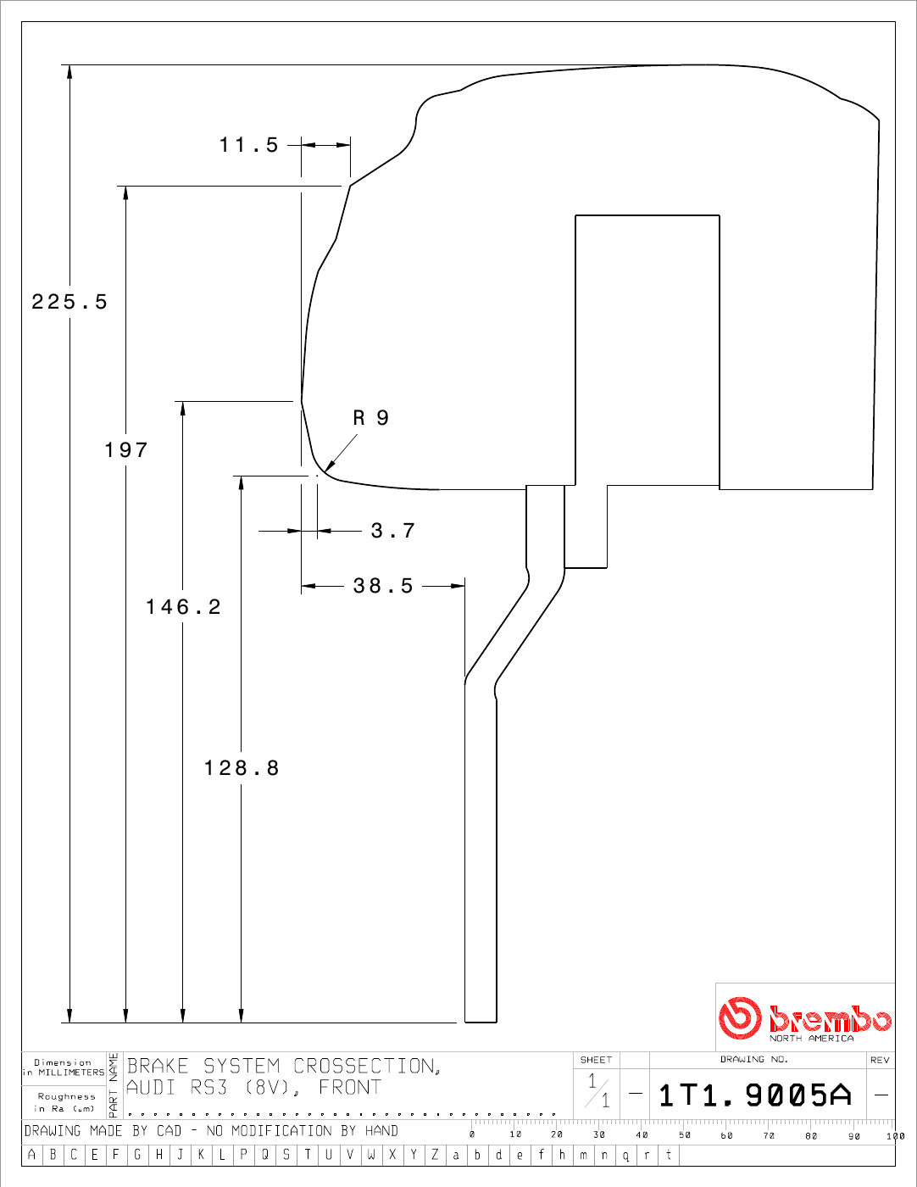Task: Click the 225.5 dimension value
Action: click(69, 302)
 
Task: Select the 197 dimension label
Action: click(126, 450)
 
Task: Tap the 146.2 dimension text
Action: click(183, 607)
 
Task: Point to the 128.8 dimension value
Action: click(242, 768)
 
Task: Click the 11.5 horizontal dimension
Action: click(249, 145)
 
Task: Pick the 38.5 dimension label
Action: click(383, 586)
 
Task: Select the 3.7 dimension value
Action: click(393, 531)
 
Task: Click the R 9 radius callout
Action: click(371, 418)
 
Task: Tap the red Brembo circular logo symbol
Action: click(740, 1017)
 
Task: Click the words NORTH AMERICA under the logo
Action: click(811, 1039)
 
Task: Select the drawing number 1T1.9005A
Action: click(755, 1095)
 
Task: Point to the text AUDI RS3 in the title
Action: click(177, 1088)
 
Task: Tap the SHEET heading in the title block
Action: click(596, 1060)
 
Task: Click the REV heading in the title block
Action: click(880, 1060)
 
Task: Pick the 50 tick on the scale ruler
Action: click(685, 1135)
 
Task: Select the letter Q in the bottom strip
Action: click(264, 1155)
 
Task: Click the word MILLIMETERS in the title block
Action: click(71, 1073)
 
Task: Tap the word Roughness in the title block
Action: click(67, 1096)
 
